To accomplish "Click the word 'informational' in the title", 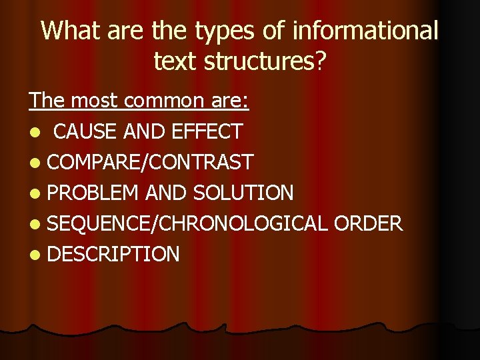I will (x=365, y=31).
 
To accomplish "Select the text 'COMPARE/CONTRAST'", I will (x=151, y=162).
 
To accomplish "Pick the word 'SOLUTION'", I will (x=243, y=193).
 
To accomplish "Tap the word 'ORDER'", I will (x=368, y=223).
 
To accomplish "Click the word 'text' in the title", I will (x=175, y=61).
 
